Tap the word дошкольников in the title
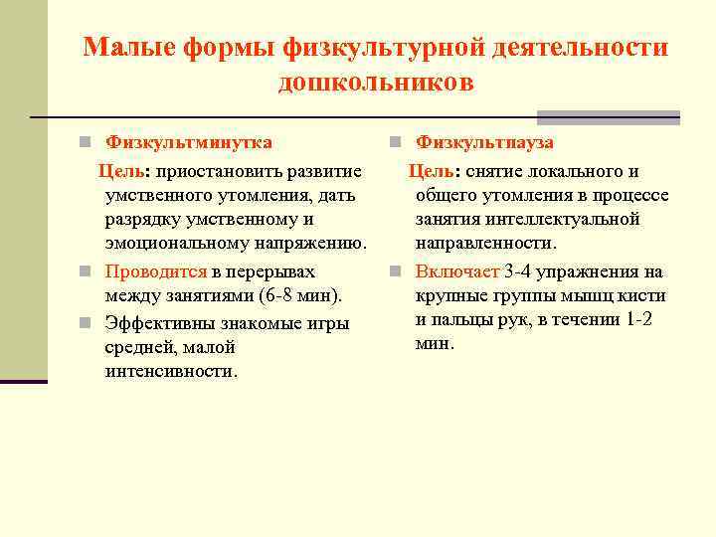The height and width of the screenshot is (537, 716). (x=376, y=82)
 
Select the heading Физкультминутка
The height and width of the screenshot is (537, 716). (x=189, y=142)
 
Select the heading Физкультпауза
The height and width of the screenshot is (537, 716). (x=485, y=142)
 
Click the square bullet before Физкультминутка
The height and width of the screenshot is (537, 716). (x=88, y=143)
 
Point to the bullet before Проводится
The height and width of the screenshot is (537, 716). (x=88, y=271)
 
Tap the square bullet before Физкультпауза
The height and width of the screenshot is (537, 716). (x=395, y=143)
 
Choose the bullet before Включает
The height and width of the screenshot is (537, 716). (x=395, y=271)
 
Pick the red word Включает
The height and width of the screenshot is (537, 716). (x=457, y=270)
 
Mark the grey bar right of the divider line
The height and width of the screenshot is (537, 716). (x=608, y=116)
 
